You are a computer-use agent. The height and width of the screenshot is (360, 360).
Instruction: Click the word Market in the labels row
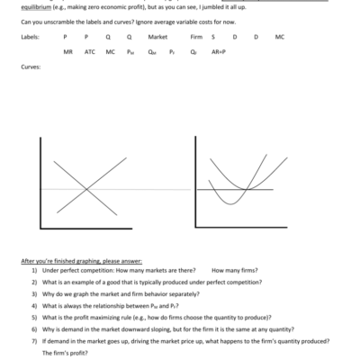[158, 37]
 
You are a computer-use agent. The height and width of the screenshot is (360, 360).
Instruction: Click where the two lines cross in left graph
[87, 188]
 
